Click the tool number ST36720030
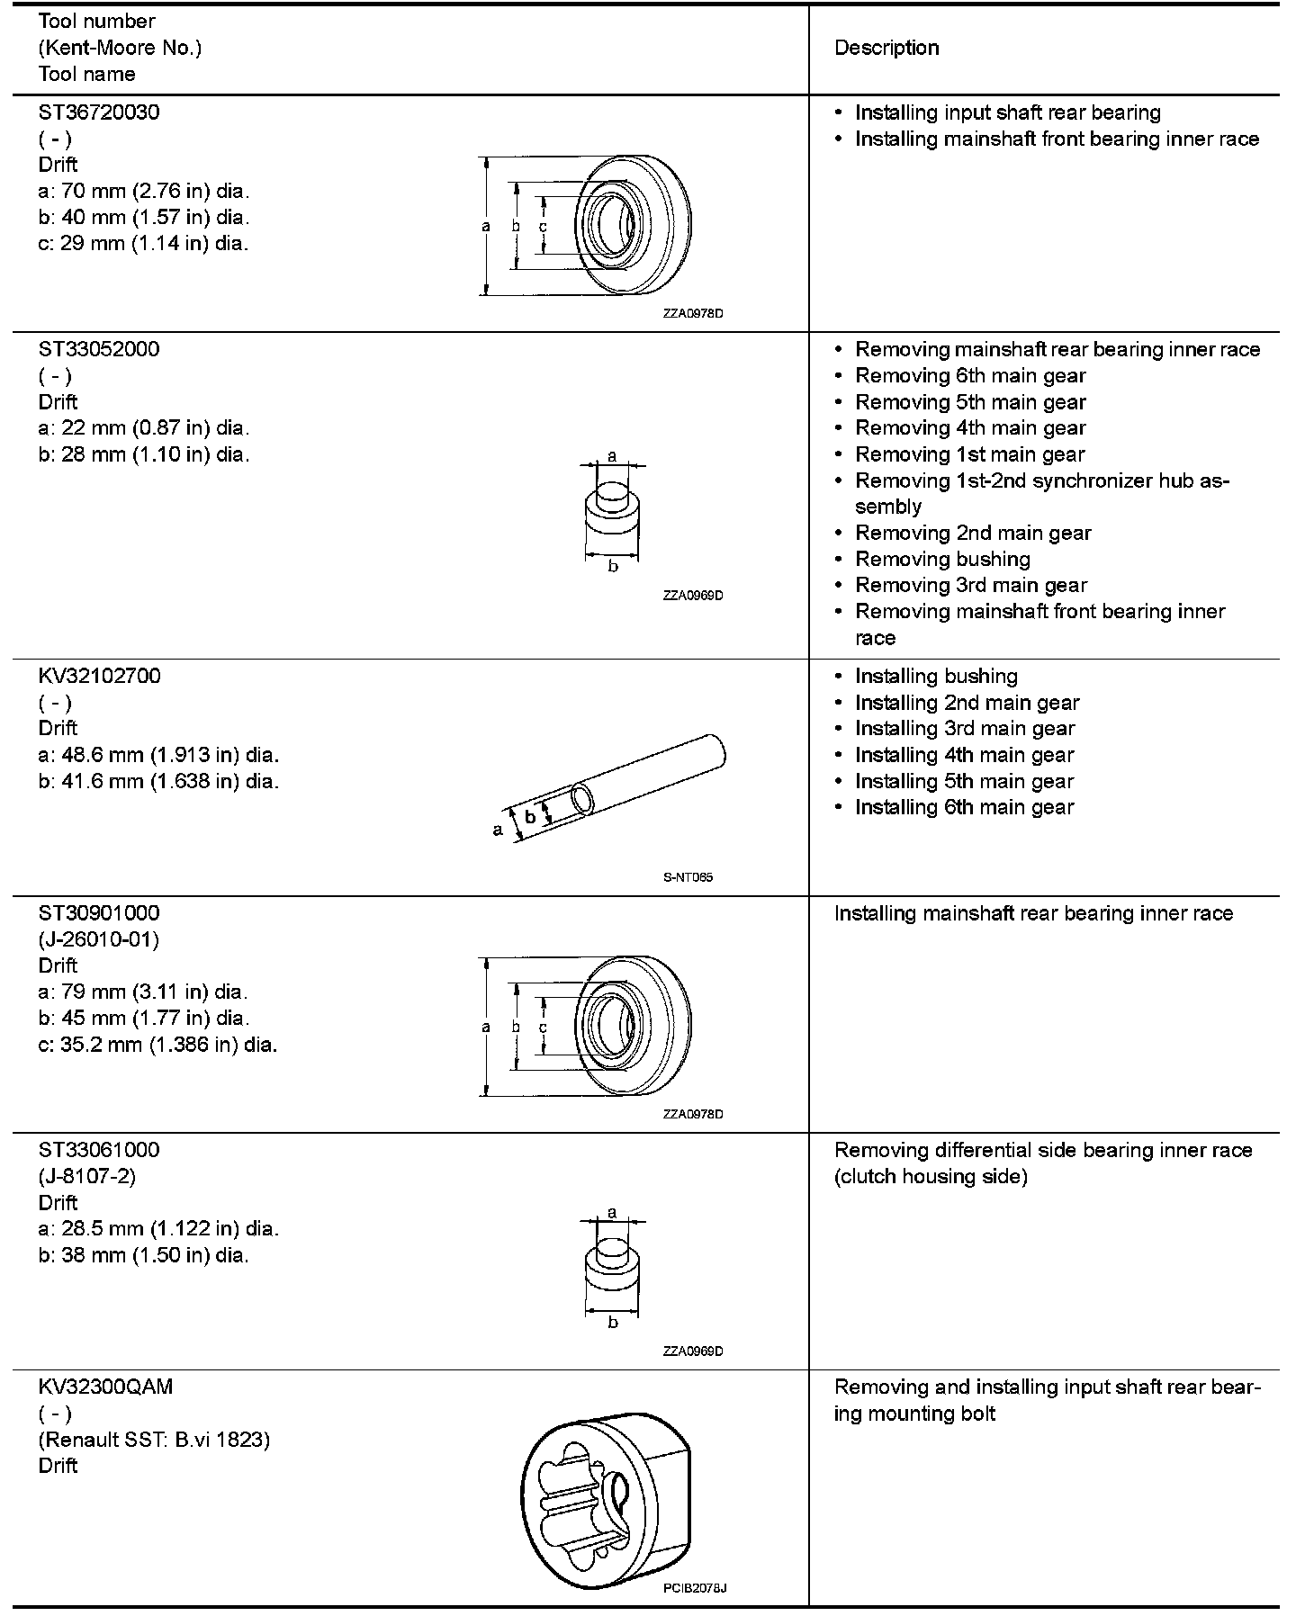pos(99,112)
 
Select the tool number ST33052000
pos(99,349)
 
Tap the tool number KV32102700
pos(100,676)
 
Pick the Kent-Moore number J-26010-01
pos(99,939)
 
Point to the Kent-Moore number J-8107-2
pos(87,1176)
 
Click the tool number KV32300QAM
pos(105,1387)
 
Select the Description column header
pos(886,48)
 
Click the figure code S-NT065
pos(688,877)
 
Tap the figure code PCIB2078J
pos(695,1588)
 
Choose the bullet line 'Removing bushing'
pos(942,559)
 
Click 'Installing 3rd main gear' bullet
pos(965,729)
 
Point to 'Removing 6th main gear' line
pos(970,375)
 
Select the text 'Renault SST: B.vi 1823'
pos(154,1440)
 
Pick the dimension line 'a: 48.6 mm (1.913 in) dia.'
pos(158,754)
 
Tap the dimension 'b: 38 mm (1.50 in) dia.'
pos(144,1254)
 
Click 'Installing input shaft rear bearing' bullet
pos(1007,112)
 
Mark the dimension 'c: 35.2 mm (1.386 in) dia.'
pos(157,1045)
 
